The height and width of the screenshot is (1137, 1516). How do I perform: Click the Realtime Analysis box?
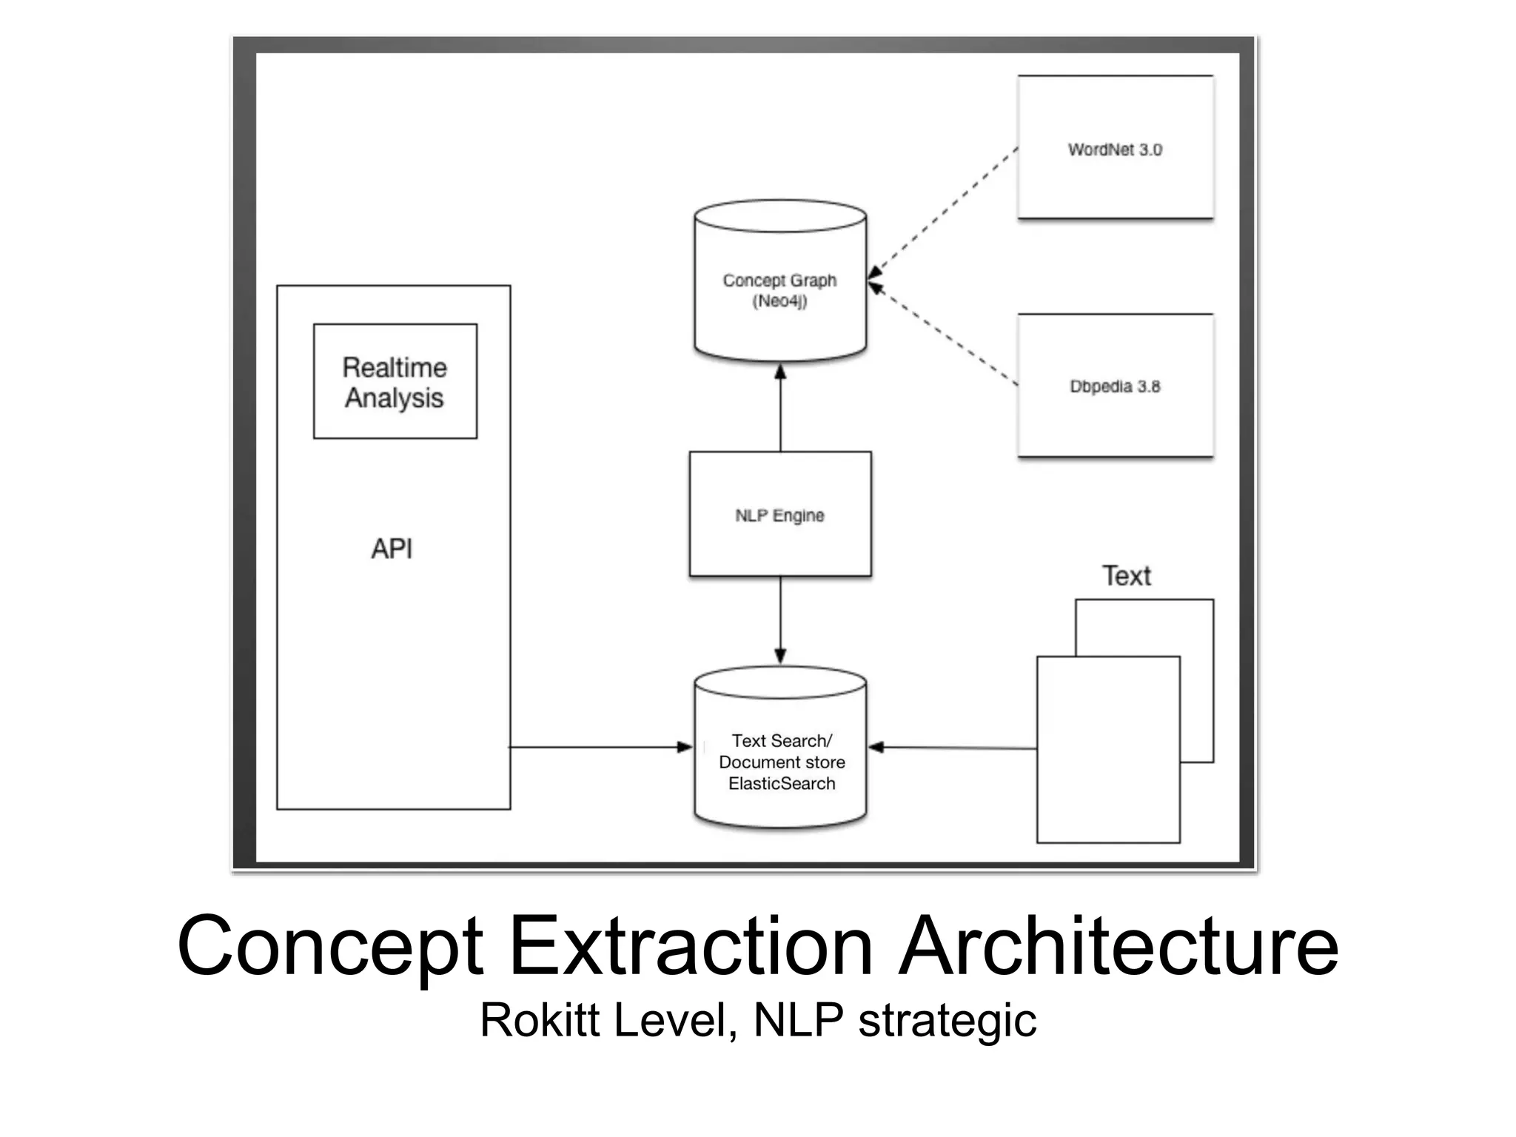click(395, 381)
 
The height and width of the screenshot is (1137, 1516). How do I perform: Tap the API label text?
click(392, 549)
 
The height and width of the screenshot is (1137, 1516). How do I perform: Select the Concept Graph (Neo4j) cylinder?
click(780, 290)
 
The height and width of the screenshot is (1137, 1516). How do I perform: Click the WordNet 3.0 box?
click(1115, 149)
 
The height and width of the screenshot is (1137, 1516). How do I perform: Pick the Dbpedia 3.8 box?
click(1115, 386)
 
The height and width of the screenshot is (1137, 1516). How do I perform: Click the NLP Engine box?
click(780, 514)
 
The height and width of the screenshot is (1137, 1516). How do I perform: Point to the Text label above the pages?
click(1126, 576)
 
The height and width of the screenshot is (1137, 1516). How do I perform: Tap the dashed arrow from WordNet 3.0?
click(944, 211)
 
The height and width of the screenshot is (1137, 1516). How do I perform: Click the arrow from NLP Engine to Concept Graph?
click(780, 407)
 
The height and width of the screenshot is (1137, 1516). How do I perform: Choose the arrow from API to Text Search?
click(600, 748)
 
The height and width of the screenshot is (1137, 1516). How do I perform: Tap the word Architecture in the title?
click(1118, 946)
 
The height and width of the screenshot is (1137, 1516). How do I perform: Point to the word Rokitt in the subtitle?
click(540, 1020)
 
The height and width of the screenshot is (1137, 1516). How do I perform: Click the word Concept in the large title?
click(330, 947)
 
